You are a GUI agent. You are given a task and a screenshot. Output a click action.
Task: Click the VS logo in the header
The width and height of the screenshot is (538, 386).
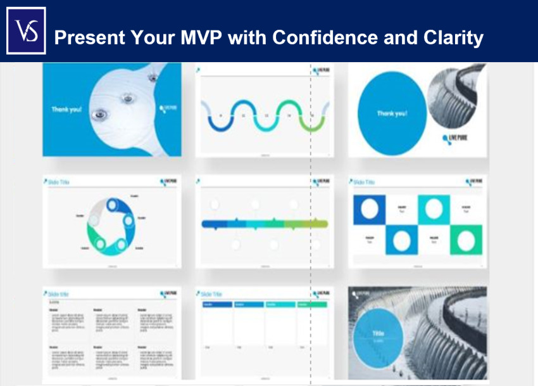pos(26,31)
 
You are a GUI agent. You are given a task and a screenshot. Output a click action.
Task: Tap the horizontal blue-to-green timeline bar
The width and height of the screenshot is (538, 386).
pos(265,224)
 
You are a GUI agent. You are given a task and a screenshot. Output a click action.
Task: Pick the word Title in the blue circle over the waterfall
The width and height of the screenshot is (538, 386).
pos(378,333)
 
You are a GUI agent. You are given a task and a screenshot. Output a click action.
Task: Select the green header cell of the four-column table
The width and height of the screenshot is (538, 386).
pos(312,305)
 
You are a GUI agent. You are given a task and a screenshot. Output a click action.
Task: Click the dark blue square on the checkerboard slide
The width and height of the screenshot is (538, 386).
pos(369,209)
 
